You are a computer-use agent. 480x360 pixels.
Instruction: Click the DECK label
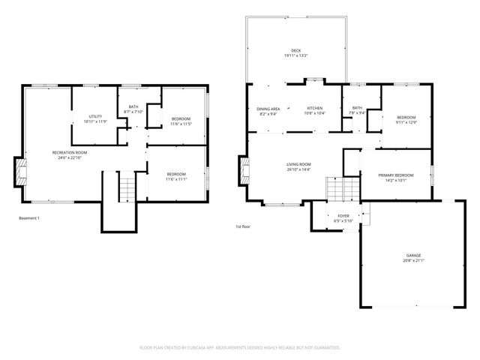[x=295, y=50]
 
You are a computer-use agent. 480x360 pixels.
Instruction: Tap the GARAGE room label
[x=413, y=255]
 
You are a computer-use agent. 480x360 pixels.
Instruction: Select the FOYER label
[x=343, y=215]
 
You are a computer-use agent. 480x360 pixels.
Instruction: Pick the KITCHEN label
[x=313, y=109]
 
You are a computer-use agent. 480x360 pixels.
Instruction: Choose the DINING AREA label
[x=268, y=109]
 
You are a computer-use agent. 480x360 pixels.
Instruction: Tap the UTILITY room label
[x=95, y=116]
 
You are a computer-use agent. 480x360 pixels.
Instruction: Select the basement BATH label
[x=133, y=106]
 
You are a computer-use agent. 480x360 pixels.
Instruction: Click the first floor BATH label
[x=357, y=108]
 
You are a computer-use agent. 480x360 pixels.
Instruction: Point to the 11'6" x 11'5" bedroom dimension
[x=180, y=124]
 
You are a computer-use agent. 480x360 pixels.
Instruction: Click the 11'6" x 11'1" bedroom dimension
[x=175, y=179]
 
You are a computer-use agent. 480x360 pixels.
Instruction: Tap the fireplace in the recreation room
[x=21, y=172]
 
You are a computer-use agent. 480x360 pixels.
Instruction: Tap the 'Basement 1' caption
[x=28, y=218]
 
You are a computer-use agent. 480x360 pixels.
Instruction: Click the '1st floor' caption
[x=243, y=226]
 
